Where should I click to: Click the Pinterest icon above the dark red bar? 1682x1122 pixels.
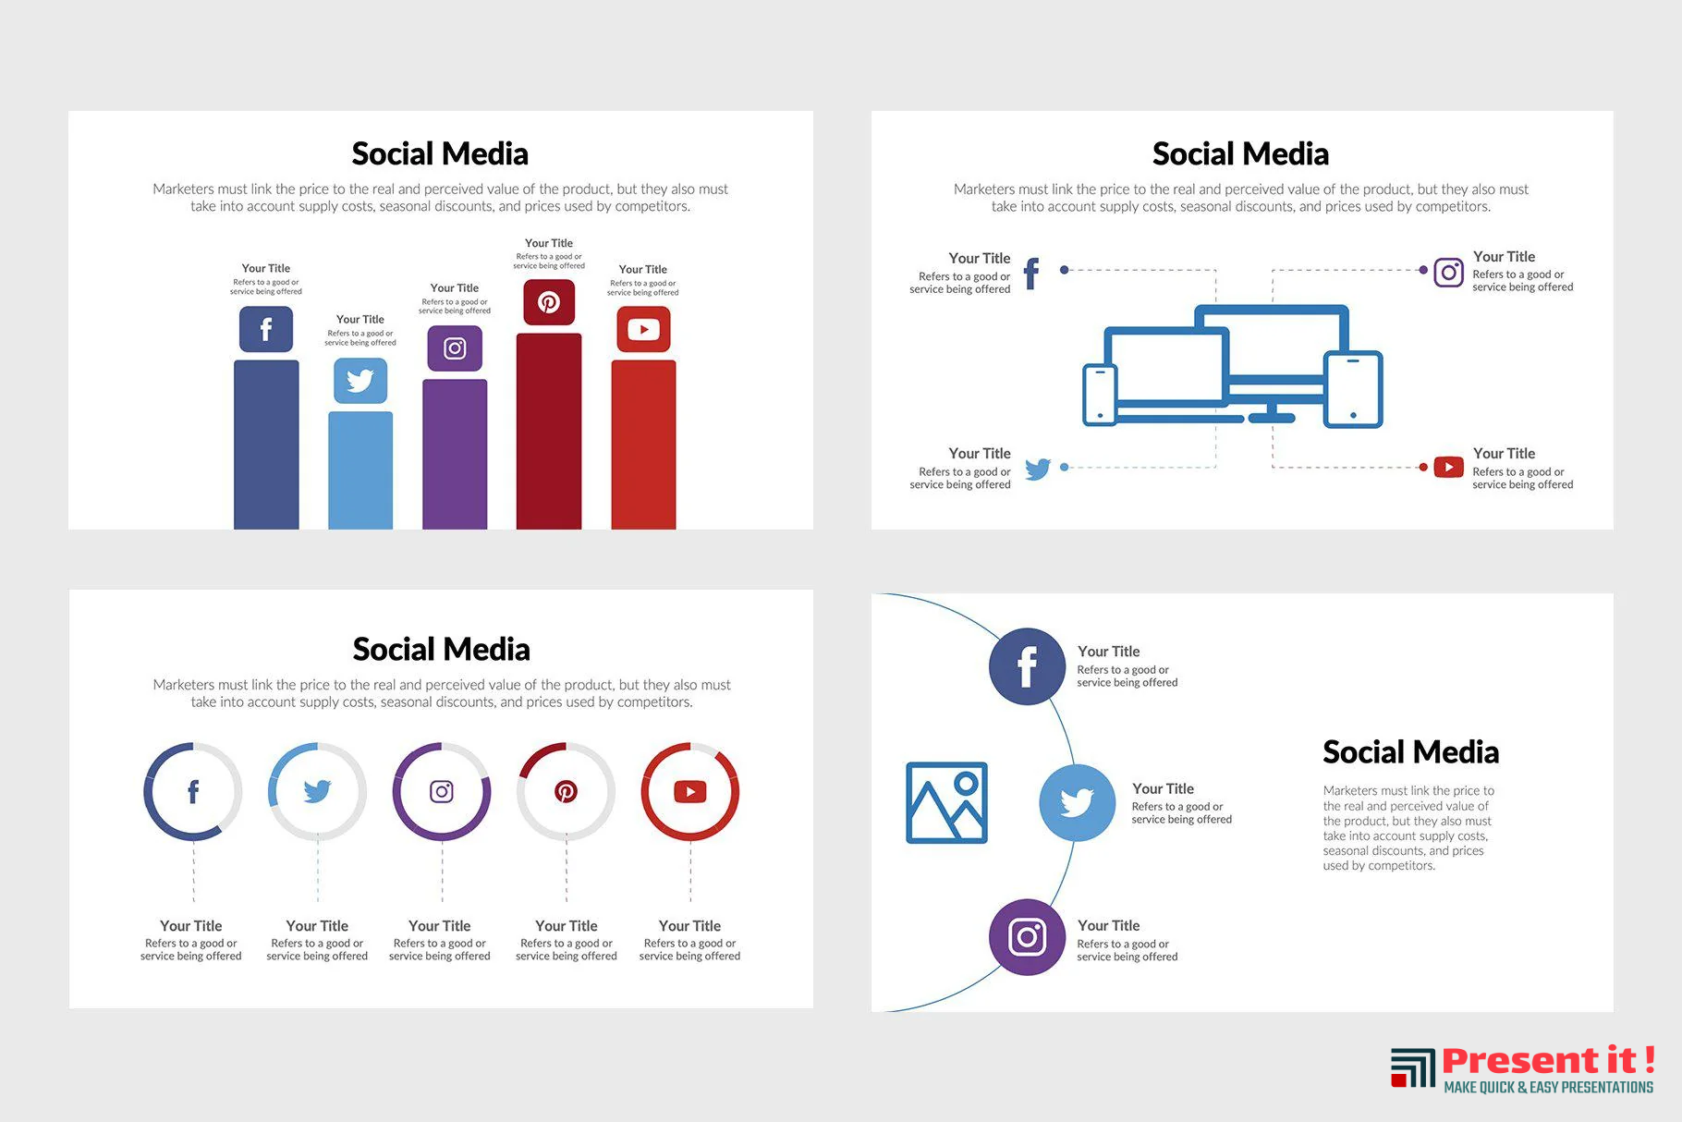coord(549,302)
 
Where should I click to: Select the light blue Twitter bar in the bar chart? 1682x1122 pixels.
coord(360,470)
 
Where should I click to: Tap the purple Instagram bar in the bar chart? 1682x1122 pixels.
coord(455,454)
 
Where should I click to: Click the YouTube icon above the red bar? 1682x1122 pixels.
coord(643,329)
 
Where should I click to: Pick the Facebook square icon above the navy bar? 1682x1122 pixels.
coord(266,329)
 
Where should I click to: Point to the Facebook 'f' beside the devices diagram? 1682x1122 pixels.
coord(1032,274)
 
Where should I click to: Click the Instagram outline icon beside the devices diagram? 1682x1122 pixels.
coord(1448,272)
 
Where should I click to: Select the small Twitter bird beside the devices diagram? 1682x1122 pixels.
coord(1038,469)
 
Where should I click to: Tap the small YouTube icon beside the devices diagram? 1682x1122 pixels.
coord(1448,467)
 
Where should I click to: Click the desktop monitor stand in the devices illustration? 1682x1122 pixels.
coord(1272,411)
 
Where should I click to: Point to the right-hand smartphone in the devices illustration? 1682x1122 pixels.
coord(1353,389)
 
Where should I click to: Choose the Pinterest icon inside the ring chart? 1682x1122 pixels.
coord(566,791)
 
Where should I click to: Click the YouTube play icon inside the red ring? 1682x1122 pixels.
coord(690,791)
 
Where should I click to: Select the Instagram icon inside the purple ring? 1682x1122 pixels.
coord(442,791)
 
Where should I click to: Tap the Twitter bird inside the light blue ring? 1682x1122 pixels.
coord(317,791)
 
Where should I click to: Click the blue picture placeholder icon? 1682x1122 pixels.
coord(946,802)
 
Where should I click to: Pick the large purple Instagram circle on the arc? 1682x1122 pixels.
coord(1027,937)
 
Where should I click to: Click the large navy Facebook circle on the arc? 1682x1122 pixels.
coord(1027,666)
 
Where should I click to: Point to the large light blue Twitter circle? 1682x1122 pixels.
coord(1077,802)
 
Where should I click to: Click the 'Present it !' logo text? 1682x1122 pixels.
coord(1548,1059)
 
